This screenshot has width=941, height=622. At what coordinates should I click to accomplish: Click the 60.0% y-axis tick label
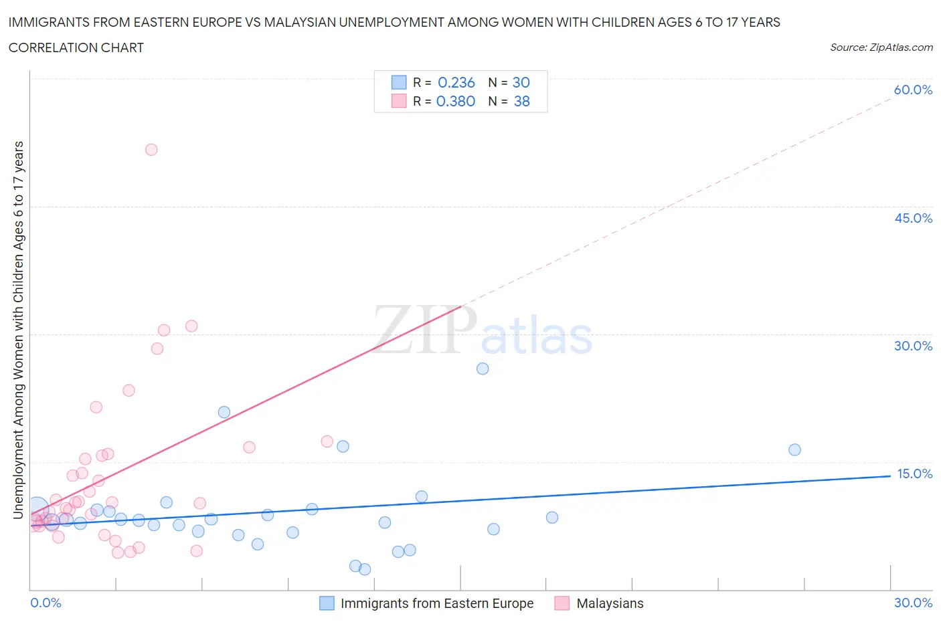[x=913, y=90]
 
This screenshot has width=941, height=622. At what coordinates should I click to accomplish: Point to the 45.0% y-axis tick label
[x=913, y=218]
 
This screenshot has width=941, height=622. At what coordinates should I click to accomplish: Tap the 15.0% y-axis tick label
[x=914, y=474]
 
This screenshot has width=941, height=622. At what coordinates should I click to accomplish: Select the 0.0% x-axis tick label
[x=46, y=603]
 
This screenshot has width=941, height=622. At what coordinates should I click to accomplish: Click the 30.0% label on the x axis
[x=913, y=603]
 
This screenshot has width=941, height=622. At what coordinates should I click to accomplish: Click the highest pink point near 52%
[x=151, y=150]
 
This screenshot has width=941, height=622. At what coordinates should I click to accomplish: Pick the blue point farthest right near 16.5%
[x=794, y=449]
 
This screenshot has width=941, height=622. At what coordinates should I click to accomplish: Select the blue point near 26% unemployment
[x=483, y=369]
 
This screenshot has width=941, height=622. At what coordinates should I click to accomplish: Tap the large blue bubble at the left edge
[x=37, y=508]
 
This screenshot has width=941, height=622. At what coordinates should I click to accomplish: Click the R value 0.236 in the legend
[x=456, y=82]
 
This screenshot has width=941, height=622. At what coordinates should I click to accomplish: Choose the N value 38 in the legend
[x=521, y=101]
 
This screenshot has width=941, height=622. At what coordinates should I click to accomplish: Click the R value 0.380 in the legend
[x=455, y=101]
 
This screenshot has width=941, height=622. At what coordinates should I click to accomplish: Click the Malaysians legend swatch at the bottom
[x=562, y=603]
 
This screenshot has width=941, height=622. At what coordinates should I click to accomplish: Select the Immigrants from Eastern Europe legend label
[x=437, y=603]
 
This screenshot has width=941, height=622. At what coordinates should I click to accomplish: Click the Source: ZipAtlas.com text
[x=881, y=47]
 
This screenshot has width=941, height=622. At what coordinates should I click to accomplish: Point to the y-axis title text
[x=18, y=330]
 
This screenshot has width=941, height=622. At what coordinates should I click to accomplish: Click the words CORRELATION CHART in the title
[x=76, y=47]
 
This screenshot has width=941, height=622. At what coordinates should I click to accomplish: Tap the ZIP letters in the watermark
[x=424, y=329]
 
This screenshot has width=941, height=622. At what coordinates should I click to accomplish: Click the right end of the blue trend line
[x=889, y=476]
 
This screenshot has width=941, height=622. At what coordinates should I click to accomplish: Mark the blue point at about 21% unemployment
[x=224, y=412]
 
